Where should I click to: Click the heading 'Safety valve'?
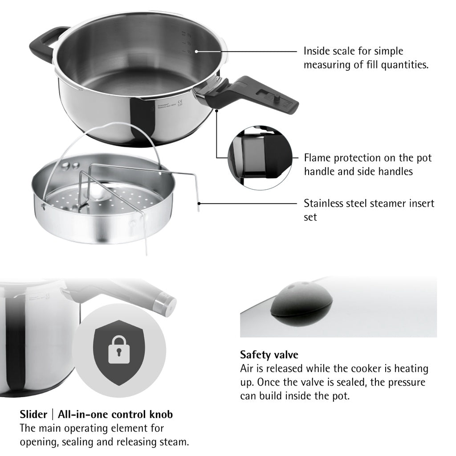(269, 355)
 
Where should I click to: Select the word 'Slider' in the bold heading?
(33, 414)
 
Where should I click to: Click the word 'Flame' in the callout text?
(317, 158)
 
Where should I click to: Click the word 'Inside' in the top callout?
(317, 51)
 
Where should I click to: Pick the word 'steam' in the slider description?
(173, 442)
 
